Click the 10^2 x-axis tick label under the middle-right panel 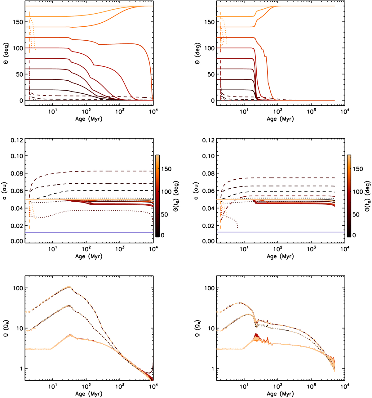coord(278,249)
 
